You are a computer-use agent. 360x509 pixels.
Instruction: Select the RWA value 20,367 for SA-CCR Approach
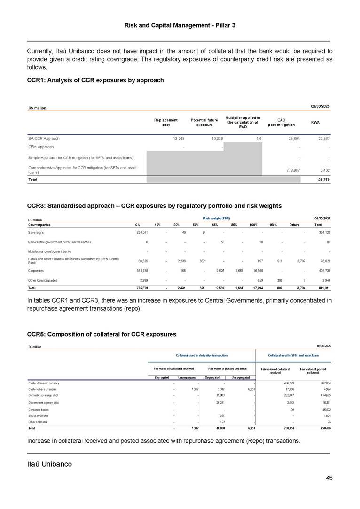click(x=322, y=139)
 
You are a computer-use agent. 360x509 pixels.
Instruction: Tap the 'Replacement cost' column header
click(x=165, y=122)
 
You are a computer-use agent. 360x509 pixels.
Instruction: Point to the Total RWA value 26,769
click(x=322, y=179)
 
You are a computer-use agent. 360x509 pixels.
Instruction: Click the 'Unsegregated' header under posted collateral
click(x=240, y=378)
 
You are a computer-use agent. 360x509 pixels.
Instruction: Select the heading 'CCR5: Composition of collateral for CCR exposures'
click(x=102, y=334)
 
